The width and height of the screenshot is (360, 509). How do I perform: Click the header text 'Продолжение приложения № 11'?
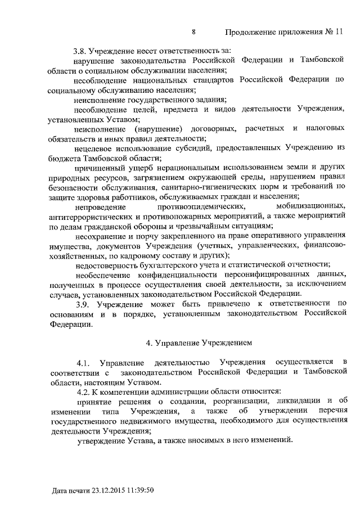(x=284, y=32)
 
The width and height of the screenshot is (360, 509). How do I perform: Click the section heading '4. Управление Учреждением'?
(x=195, y=342)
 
